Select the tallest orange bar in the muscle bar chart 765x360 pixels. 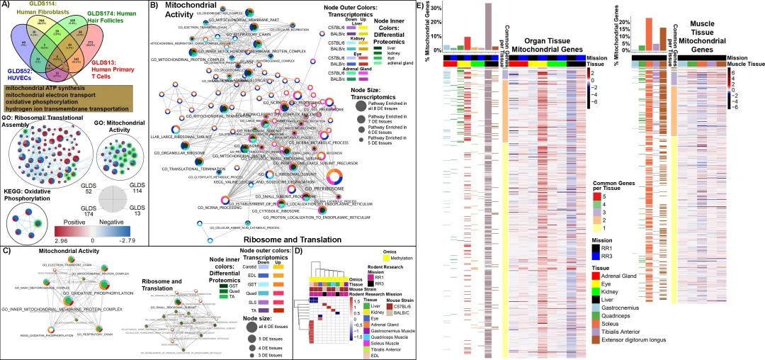coord(649,34)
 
